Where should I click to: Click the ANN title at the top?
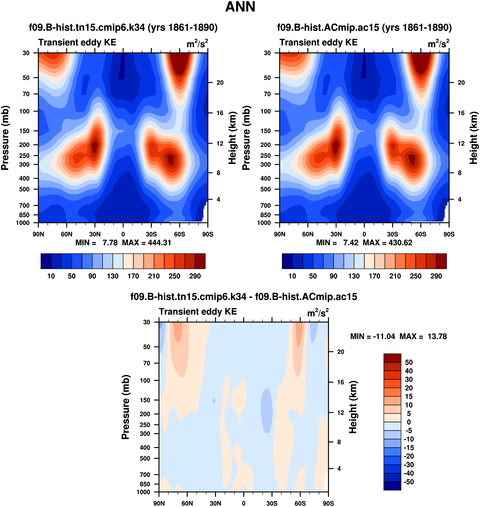(x=240, y=7)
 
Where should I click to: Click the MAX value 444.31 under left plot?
(x=159, y=243)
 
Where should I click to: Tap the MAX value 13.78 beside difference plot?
(x=437, y=336)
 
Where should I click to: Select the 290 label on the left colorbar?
(x=195, y=276)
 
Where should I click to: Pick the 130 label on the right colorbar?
(x=354, y=276)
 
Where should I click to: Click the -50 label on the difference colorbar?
(x=409, y=482)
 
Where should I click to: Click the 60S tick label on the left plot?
(x=179, y=234)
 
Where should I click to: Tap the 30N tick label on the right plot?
(x=336, y=234)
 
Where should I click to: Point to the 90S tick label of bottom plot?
(x=328, y=503)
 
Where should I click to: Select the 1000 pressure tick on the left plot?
(x=23, y=223)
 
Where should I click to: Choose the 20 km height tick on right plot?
(x=461, y=83)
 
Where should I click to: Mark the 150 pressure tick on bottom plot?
(x=145, y=400)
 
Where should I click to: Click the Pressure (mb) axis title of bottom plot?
(x=125, y=407)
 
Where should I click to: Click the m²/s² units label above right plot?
(x=438, y=44)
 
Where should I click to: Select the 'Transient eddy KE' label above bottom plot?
(x=198, y=312)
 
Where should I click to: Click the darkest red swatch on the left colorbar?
(x=200, y=261)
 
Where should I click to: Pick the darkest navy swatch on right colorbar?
(x=287, y=261)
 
